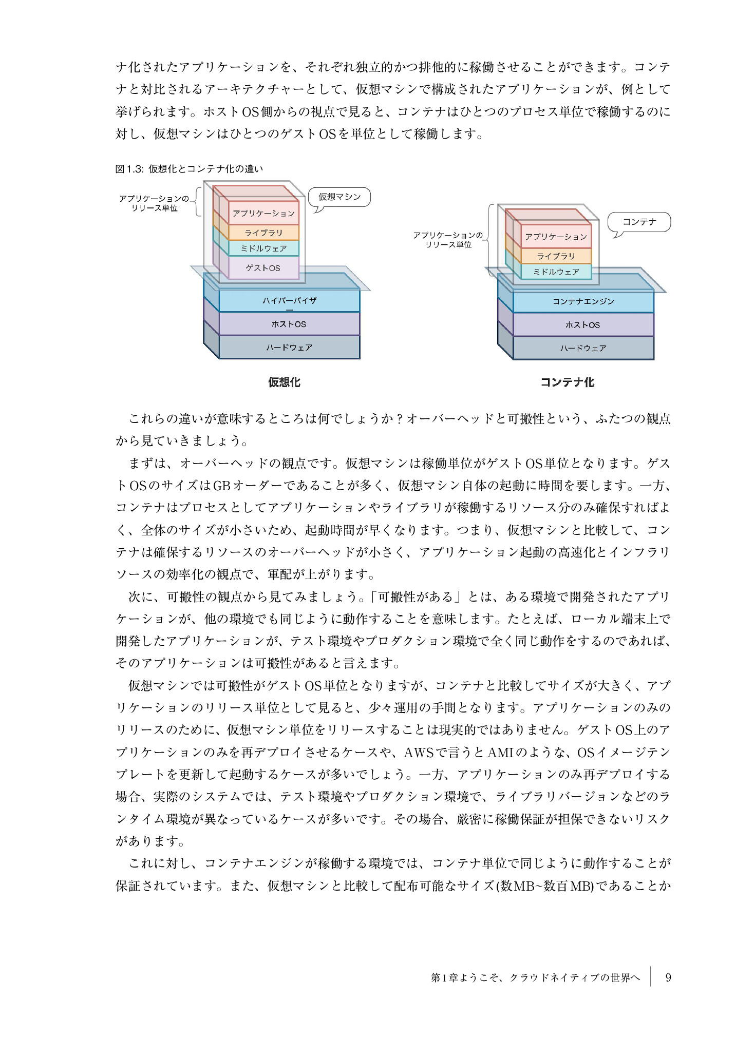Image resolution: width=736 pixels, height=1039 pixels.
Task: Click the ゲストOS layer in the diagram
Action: pyautogui.click(x=263, y=267)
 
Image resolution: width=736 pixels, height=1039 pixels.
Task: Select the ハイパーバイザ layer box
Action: pyautogui.click(x=289, y=301)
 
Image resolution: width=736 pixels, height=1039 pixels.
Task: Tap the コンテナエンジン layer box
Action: pyautogui.click(x=583, y=301)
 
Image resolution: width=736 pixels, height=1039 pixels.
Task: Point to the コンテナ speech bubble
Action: pyautogui.click(x=639, y=222)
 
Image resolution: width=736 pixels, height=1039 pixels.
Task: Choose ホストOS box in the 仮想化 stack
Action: pyautogui.click(x=289, y=324)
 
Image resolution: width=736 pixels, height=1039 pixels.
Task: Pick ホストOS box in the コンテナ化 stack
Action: pyautogui.click(x=583, y=324)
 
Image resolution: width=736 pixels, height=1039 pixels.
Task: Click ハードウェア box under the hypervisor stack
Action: pyautogui.click(x=289, y=348)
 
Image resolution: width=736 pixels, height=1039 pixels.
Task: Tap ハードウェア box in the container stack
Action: pyautogui.click(x=583, y=348)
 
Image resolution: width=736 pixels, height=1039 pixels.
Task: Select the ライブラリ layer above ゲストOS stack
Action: pyautogui.click(x=263, y=233)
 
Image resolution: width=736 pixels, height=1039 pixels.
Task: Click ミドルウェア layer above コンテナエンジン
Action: pyautogui.click(x=556, y=272)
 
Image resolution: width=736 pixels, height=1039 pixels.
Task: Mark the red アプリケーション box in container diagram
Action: pyautogui.click(x=556, y=237)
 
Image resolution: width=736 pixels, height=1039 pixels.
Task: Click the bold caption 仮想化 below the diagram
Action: pyautogui.click(x=284, y=382)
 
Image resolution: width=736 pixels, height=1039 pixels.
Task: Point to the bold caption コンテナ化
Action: pyautogui.click(x=568, y=382)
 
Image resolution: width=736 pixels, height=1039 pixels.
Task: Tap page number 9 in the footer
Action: pyautogui.click(x=668, y=977)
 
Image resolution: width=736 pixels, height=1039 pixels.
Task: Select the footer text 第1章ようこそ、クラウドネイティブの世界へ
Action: pyautogui.click(x=536, y=977)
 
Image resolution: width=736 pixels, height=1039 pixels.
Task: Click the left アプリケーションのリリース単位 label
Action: pyautogui.click(x=154, y=203)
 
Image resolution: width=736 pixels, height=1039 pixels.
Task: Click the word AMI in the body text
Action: pyautogui.click(x=500, y=753)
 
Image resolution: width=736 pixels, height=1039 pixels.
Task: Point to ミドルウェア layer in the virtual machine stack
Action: pyautogui.click(x=263, y=248)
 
